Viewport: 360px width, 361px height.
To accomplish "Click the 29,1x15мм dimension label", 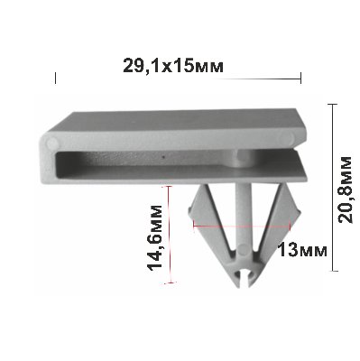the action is coord(173,65).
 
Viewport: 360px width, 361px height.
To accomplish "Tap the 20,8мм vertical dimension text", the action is coord(345,190).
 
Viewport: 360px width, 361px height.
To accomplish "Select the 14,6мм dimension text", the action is coord(154,237).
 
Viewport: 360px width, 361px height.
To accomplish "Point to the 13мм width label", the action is coord(302,250).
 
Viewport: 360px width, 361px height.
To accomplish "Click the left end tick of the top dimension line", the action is coord(55,78).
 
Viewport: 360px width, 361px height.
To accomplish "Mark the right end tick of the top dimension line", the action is coord(300,78).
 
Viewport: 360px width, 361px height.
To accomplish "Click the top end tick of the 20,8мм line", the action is coord(332,104).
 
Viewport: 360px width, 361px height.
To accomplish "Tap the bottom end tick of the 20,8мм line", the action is coord(332,271).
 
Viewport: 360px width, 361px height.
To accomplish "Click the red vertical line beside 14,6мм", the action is coord(171,235).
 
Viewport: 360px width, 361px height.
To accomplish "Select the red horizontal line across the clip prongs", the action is coord(242,226).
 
